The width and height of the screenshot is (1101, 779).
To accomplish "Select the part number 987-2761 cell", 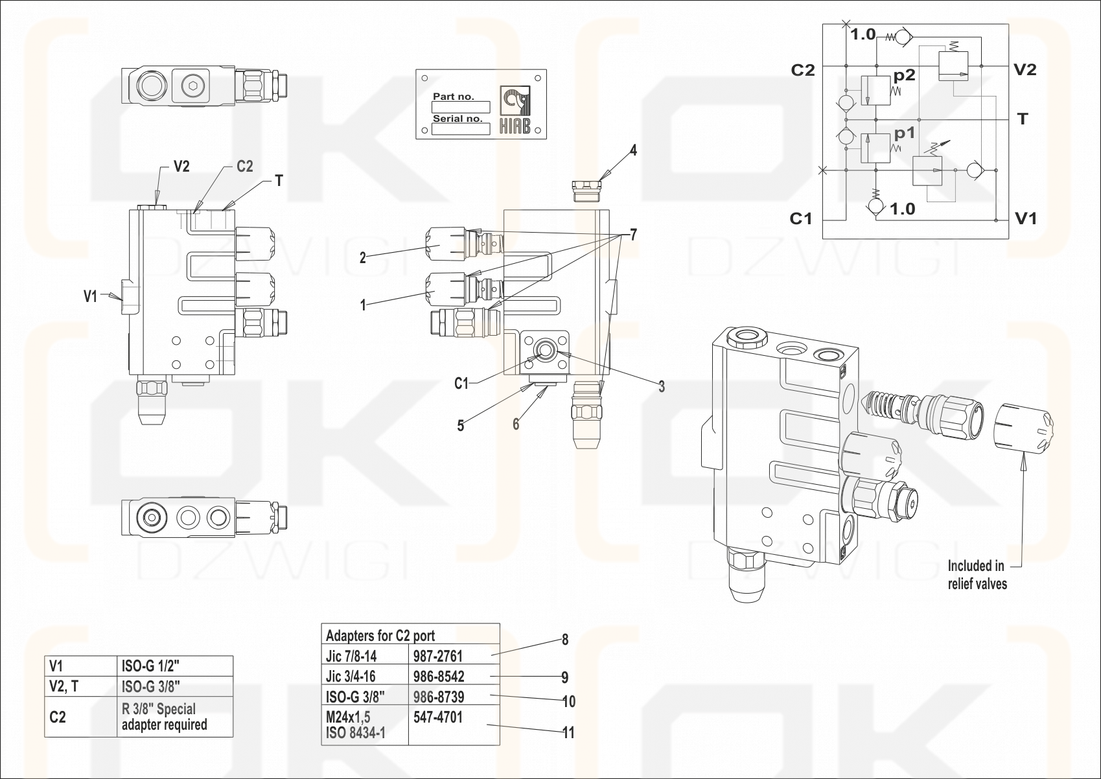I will point(438,656).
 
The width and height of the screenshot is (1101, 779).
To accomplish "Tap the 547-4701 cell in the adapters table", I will point(438,717).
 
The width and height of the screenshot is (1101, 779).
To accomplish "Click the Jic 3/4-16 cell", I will point(351,677).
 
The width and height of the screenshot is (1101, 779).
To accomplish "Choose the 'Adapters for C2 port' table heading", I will point(380,635).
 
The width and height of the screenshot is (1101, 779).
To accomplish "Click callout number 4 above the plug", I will point(633,151).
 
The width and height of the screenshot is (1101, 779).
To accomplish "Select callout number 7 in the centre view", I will point(633,235).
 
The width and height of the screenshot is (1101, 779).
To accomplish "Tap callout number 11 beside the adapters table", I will point(568,733).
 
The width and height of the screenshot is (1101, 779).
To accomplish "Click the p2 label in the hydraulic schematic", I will point(904,76).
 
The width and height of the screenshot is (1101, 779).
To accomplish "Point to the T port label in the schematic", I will point(1023,119).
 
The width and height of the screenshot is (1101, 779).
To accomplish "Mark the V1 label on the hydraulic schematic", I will point(1025,219).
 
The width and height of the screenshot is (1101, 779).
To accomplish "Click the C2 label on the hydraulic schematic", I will point(802,71).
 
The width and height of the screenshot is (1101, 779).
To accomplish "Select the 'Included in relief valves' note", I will point(977,575).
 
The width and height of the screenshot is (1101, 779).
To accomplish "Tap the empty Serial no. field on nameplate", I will point(460,129).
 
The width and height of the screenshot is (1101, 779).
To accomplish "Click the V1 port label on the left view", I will point(90,296).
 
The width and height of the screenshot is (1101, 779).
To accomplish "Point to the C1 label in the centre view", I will point(461,384).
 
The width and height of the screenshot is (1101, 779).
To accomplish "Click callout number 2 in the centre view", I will point(363,258).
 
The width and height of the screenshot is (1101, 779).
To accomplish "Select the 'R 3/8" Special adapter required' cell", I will point(165,717).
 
